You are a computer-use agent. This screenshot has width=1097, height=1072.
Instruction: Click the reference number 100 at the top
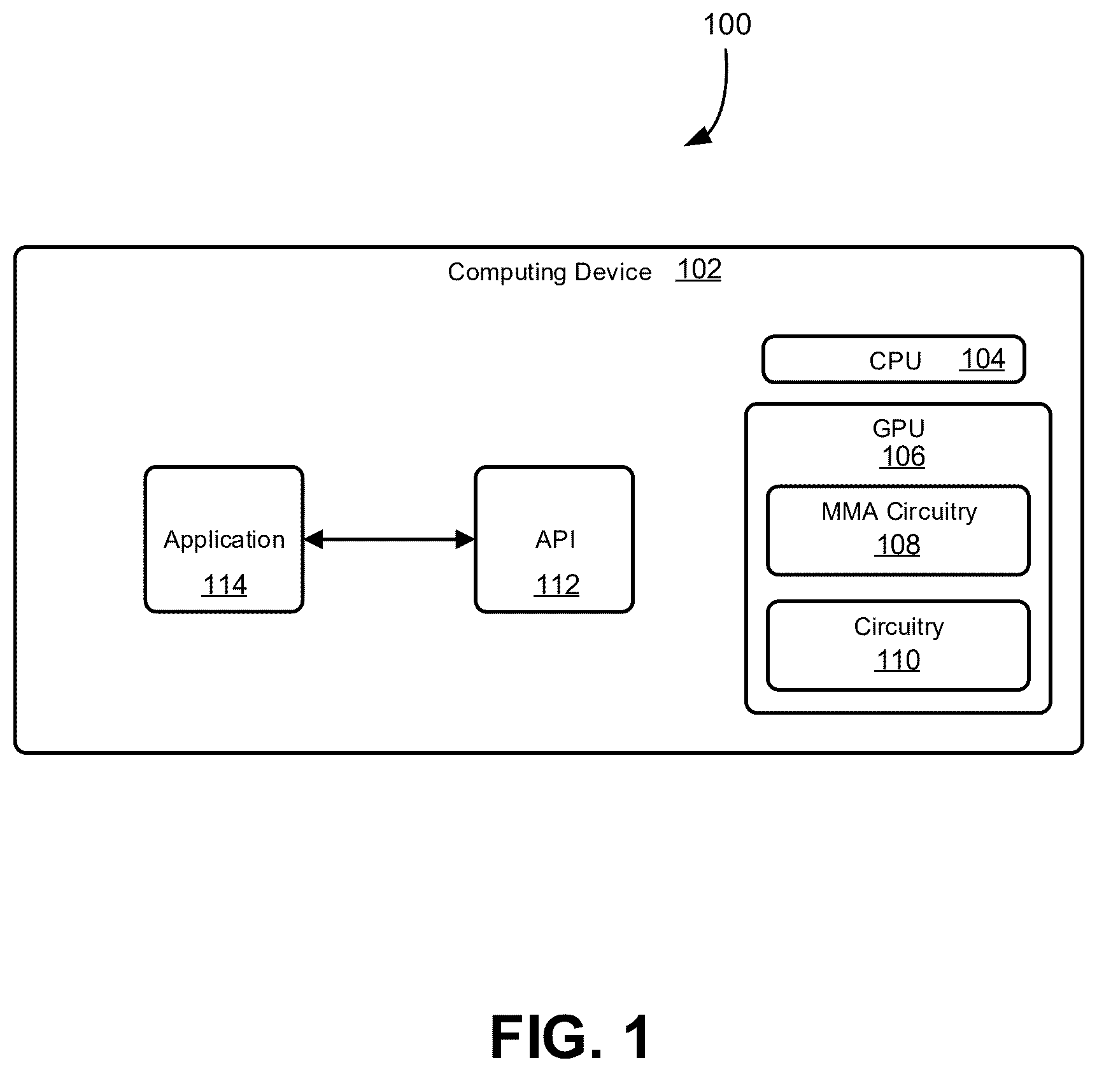(x=727, y=24)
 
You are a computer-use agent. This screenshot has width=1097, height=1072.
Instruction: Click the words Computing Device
(x=549, y=272)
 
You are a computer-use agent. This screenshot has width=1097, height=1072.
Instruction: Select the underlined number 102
(x=698, y=269)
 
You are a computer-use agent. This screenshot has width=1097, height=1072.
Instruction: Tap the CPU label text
(x=895, y=361)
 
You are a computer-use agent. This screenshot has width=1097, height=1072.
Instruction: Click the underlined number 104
(x=982, y=359)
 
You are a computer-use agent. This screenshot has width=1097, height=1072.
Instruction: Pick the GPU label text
(x=898, y=428)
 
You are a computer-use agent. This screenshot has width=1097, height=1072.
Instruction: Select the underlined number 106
(x=903, y=457)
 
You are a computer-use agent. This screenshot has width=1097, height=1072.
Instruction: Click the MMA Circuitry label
(x=899, y=511)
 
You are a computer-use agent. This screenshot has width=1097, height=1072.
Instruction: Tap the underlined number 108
(x=898, y=545)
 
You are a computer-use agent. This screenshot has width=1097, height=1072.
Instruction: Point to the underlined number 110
(x=898, y=661)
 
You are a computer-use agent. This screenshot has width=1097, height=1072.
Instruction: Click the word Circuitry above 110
(x=899, y=627)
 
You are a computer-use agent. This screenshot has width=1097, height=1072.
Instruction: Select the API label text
(x=555, y=540)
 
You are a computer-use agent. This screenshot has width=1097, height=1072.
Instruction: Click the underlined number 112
(x=557, y=585)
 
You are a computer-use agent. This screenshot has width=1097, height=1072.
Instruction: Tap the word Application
(x=224, y=540)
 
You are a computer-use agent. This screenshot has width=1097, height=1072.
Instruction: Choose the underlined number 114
(x=224, y=585)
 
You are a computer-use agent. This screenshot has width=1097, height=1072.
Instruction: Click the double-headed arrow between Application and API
(x=389, y=540)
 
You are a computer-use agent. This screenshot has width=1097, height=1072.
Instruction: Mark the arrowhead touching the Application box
(x=313, y=540)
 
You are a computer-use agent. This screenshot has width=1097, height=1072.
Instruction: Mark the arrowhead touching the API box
(x=465, y=540)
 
